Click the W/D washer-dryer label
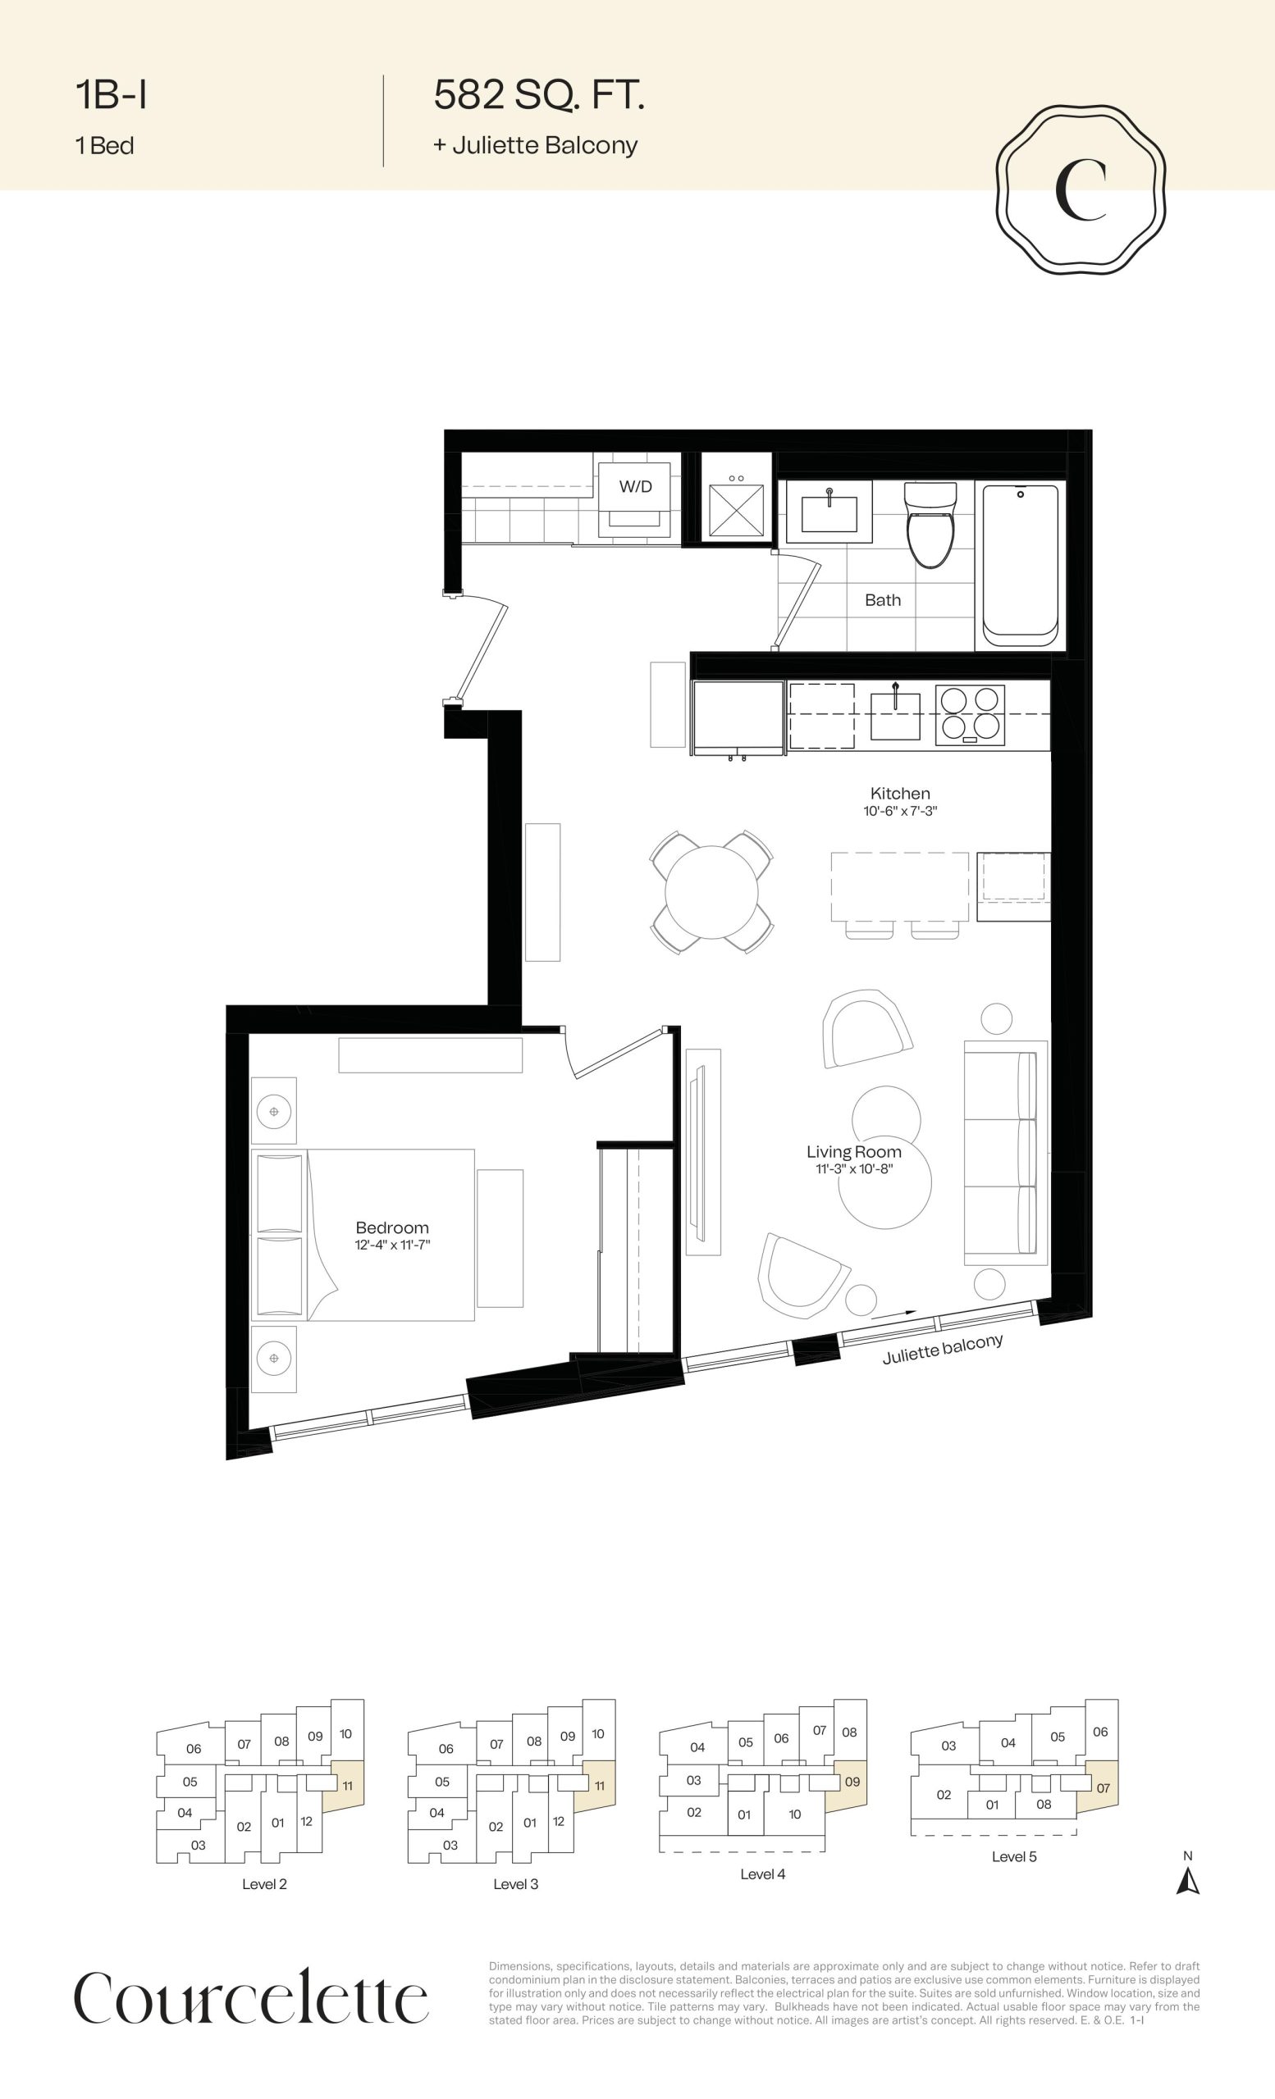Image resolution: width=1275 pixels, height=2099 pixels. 635,486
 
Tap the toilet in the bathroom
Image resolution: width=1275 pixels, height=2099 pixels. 929,524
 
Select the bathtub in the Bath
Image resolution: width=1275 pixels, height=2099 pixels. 1020,566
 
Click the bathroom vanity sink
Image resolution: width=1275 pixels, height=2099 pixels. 829,512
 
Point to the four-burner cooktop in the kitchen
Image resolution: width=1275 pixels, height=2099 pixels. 970,715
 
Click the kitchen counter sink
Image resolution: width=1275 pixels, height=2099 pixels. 895,716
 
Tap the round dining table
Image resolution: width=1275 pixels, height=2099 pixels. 711,892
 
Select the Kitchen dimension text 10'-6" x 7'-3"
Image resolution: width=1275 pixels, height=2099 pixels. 900,811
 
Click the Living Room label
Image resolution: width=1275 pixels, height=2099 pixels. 854,1152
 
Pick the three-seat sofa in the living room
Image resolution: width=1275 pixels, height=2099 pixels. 1006,1152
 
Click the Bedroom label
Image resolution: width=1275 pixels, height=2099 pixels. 392,1227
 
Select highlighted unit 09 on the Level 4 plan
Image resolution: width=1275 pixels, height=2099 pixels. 850,1783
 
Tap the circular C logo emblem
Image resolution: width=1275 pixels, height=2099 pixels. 1081,190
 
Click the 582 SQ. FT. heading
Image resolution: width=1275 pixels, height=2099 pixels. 539,94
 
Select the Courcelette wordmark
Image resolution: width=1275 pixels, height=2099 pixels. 251,1997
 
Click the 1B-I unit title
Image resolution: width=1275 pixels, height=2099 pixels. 111,94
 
